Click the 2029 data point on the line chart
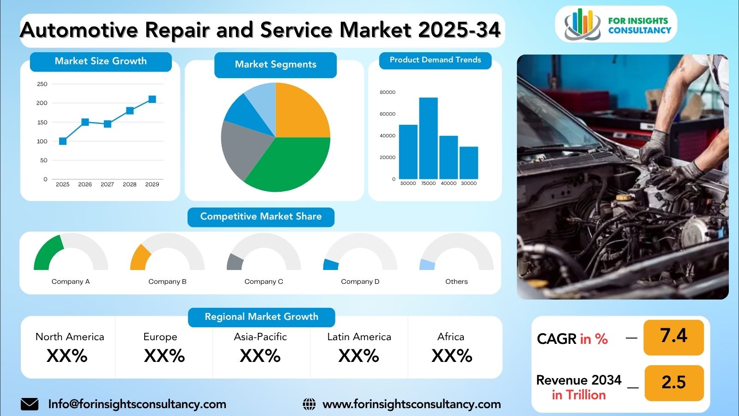[152, 99]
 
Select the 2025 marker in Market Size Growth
[63, 141]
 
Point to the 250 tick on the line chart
[42, 84]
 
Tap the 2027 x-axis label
[107, 184]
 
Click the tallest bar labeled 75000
[428, 138]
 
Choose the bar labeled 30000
[469, 163]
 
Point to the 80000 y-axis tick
[388, 92]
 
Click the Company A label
[71, 281]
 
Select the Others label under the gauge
[457, 281]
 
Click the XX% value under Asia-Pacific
[260, 356]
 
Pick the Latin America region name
[359, 337]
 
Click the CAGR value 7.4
[673, 336]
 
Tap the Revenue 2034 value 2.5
[674, 383]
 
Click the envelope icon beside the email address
[30, 404]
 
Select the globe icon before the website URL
[309, 404]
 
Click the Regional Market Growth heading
[261, 317]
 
